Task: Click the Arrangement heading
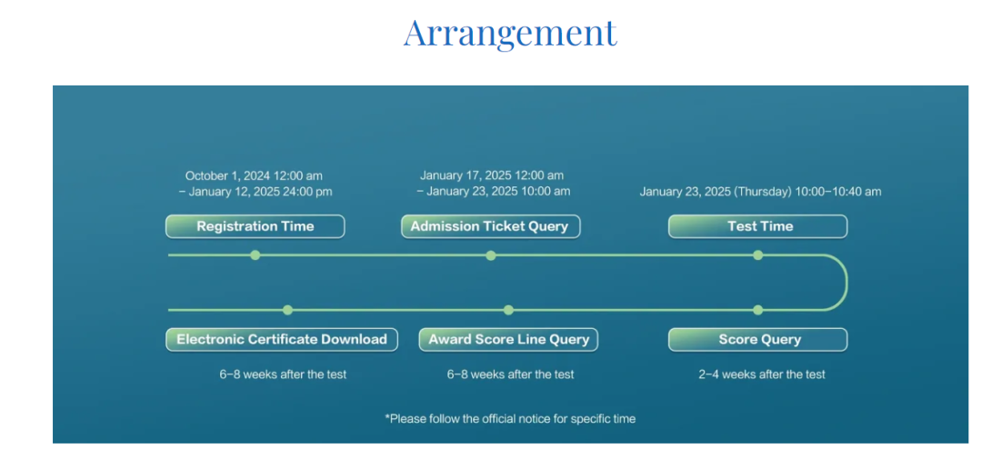pos(510,34)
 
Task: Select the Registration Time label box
pos(255,226)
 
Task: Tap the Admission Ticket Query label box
pos(490,226)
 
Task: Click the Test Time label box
pos(757,226)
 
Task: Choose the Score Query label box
pos(757,340)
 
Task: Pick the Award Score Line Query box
pos(508,340)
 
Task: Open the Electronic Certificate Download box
pos(282,340)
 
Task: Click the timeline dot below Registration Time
pos(255,254)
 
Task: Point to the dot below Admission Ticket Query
pos(491,254)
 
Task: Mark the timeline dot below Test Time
pos(757,254)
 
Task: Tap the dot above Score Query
pos(757,310)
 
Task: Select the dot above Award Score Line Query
pos(508,310)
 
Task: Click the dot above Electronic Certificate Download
pos(287,310)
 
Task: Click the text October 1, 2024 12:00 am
pos(254,176)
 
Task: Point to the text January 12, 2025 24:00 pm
pos(260,192)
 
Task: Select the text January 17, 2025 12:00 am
pos(492,175)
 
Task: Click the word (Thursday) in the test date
pos(761,192)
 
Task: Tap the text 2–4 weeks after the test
pos(762,374)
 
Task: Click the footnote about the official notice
pos(510,418)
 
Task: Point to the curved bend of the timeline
pos(847,283)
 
